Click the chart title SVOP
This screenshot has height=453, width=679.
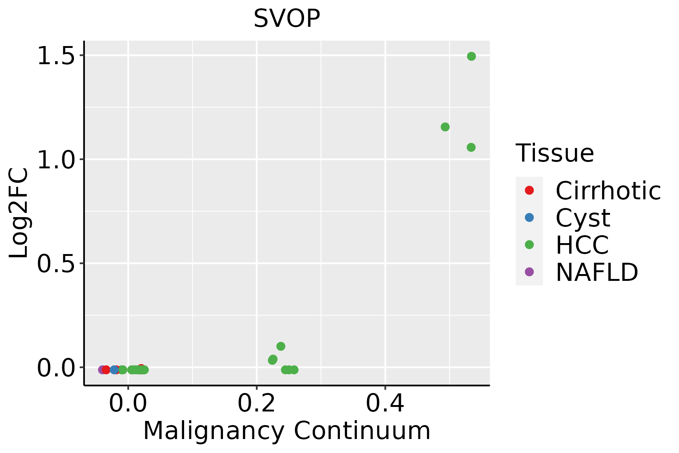click(x=287, y=18)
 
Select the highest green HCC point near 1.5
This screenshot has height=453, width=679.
click(x=472, y=56)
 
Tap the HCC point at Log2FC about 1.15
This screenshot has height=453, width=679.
click(x=445, y=127)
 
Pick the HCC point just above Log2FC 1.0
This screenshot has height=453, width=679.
click(x=471, y=147)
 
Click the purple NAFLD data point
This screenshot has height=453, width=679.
click(x=102, y=370)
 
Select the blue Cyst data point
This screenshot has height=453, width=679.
click(x=114, y=370)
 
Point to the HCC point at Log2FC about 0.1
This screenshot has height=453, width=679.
click(x=281, y=346)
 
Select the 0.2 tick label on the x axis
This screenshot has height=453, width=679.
click(x=257, y=404)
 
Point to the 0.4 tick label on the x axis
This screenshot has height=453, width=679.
click(x=385, y=404)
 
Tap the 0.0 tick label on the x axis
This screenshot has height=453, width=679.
click(x=128, y=404)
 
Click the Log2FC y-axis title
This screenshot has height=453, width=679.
click(x=18, y=213)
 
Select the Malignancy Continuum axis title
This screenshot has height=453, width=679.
click(x=287, y=431)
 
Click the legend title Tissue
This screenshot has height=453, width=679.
click(x=555, y=153)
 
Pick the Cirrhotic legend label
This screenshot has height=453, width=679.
click(x=608, y=190)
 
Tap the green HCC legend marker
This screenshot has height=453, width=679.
click(x=529, y=245)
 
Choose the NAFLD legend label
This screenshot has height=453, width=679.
click(x=597, y=272)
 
